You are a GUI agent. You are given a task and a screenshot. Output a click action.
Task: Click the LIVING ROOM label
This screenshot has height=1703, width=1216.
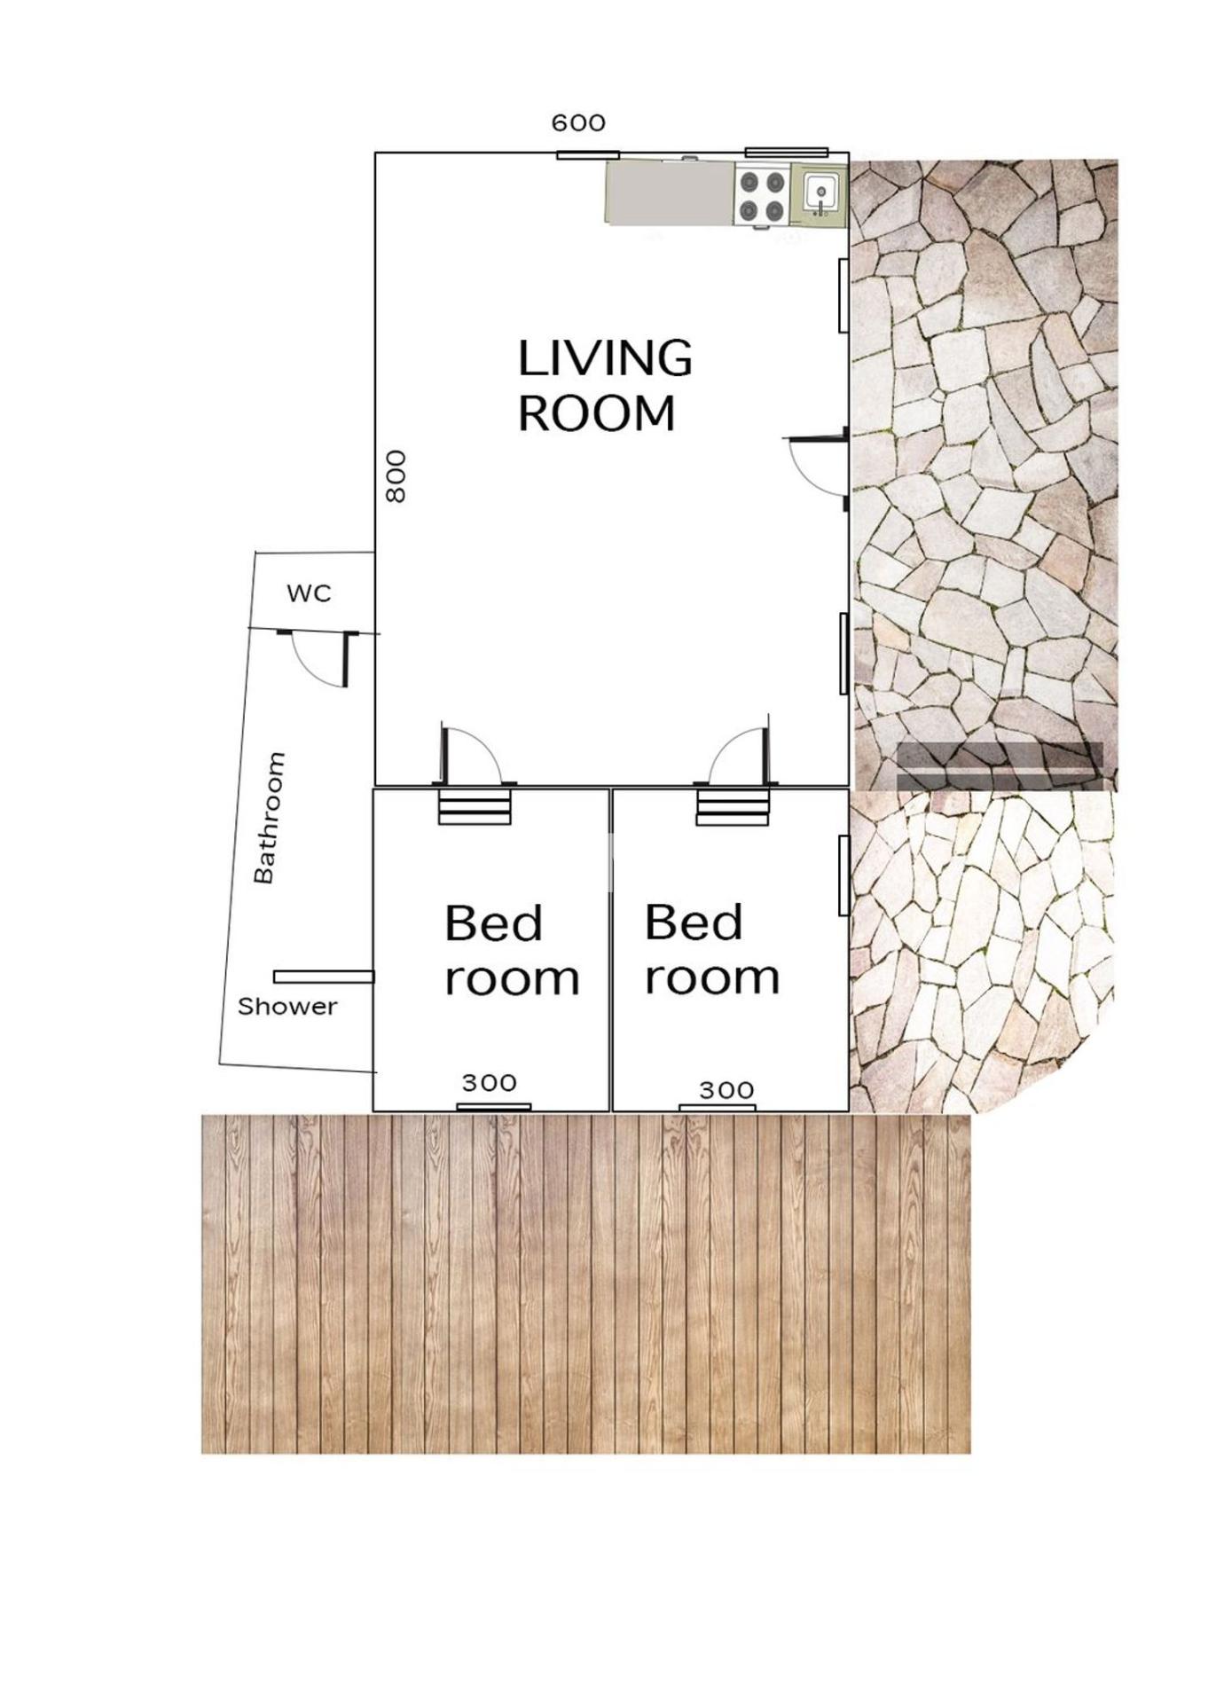click(605, 385)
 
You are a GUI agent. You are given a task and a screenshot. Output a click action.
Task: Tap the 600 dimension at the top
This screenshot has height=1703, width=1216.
click(578, 123)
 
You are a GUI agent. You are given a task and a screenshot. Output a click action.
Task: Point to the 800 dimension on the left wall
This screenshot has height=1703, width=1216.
click(396, 476)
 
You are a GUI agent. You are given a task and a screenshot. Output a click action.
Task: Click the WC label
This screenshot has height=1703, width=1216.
click(309, 593)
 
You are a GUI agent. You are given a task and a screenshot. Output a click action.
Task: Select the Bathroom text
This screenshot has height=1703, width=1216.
click(270, 818)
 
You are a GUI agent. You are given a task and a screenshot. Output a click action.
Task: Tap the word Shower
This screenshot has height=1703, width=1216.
click(287, 1007)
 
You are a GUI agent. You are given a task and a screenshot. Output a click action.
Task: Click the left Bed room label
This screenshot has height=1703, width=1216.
click(512, 951)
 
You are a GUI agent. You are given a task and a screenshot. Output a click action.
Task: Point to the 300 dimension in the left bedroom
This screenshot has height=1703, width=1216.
click(489, 1083)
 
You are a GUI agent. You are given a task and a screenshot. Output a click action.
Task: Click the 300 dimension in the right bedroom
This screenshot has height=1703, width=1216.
click(726, 1090)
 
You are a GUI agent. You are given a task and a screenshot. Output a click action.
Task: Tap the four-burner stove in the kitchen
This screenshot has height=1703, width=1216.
click(763, 196)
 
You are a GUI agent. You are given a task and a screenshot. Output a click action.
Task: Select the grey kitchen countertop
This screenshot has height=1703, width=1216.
click(671, 192)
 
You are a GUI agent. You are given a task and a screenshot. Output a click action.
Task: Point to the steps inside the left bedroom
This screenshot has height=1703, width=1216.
click(475, 806)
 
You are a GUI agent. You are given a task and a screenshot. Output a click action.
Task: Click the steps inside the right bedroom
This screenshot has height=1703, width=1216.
click(733, 806)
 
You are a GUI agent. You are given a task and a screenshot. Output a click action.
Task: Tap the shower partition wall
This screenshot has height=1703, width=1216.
click(324, 977)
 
